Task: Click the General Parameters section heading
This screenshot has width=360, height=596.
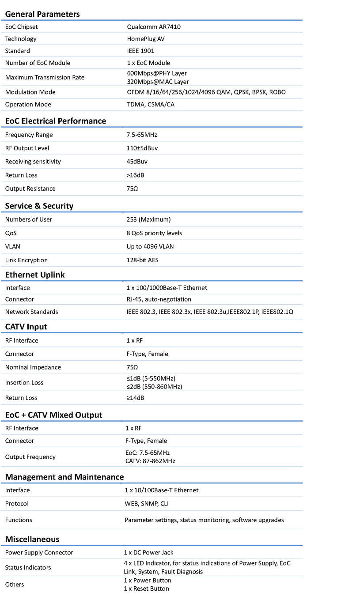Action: click(x=42, y=14)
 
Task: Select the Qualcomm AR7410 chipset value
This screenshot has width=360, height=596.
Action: click(x=154, y=27)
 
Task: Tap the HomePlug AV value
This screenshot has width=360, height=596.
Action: click(x=146, y=39)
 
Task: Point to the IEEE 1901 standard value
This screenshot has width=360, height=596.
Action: click(x=140, y=51)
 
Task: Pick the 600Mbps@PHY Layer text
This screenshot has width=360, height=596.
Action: click(x=157, y=73)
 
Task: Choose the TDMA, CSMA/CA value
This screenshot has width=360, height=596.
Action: click(x=151, y=105)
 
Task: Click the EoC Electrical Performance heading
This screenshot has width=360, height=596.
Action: click(x=56, y=121)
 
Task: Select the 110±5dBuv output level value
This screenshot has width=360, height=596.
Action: click(x=142, y=148)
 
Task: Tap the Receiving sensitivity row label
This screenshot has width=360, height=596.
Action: click(x=33, y=162)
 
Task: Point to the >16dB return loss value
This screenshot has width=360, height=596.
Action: click(x=135, y=175)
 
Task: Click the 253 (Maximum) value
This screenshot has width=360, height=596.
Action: click(x=148, y=219)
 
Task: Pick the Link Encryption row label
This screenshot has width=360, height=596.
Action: click(x=27, y=260)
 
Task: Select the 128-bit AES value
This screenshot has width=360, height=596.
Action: click(x=142, y=260)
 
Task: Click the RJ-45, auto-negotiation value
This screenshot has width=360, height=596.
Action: click(x=159, y=299)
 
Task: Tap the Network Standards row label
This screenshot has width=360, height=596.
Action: click(x=32, y=312)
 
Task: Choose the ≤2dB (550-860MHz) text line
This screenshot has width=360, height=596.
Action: click(x=155, y=387)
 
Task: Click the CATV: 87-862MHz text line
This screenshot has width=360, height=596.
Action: click(x=150, y=461)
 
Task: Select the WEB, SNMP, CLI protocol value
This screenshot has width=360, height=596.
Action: click(x=147, y=504)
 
